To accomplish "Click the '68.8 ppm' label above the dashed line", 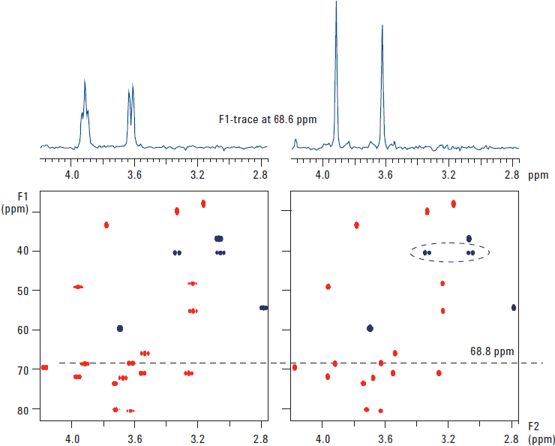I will pos(492,351).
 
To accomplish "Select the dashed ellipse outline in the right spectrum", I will pos(450,243).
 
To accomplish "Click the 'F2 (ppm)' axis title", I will pos(541,434).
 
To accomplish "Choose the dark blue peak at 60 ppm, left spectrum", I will pos(120,328).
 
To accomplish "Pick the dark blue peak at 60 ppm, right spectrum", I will pos(370,328).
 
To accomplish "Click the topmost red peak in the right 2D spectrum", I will pos(453,203).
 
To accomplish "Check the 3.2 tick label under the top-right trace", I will pos(448,175).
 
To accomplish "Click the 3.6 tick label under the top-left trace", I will pos(135,175).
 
